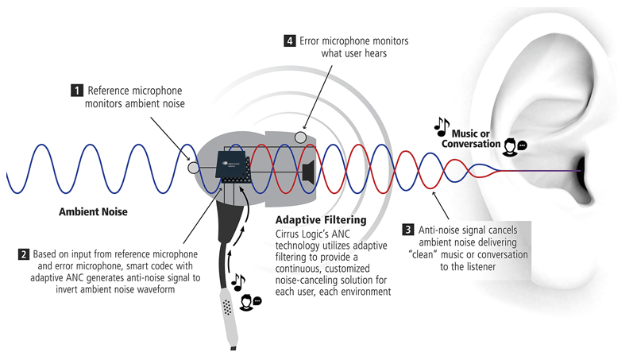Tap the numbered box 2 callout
[24, 255]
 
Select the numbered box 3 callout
[408, 230]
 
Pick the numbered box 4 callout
[291, 40]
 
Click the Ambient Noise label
[92, 213]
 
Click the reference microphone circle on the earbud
[192, 168]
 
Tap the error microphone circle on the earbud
[301, 137]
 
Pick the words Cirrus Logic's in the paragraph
[305, 234]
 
